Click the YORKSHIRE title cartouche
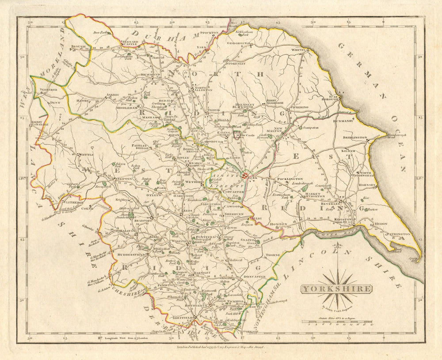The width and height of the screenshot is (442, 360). tap(336, 289)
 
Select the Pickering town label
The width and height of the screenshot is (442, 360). tap(299, 107)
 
